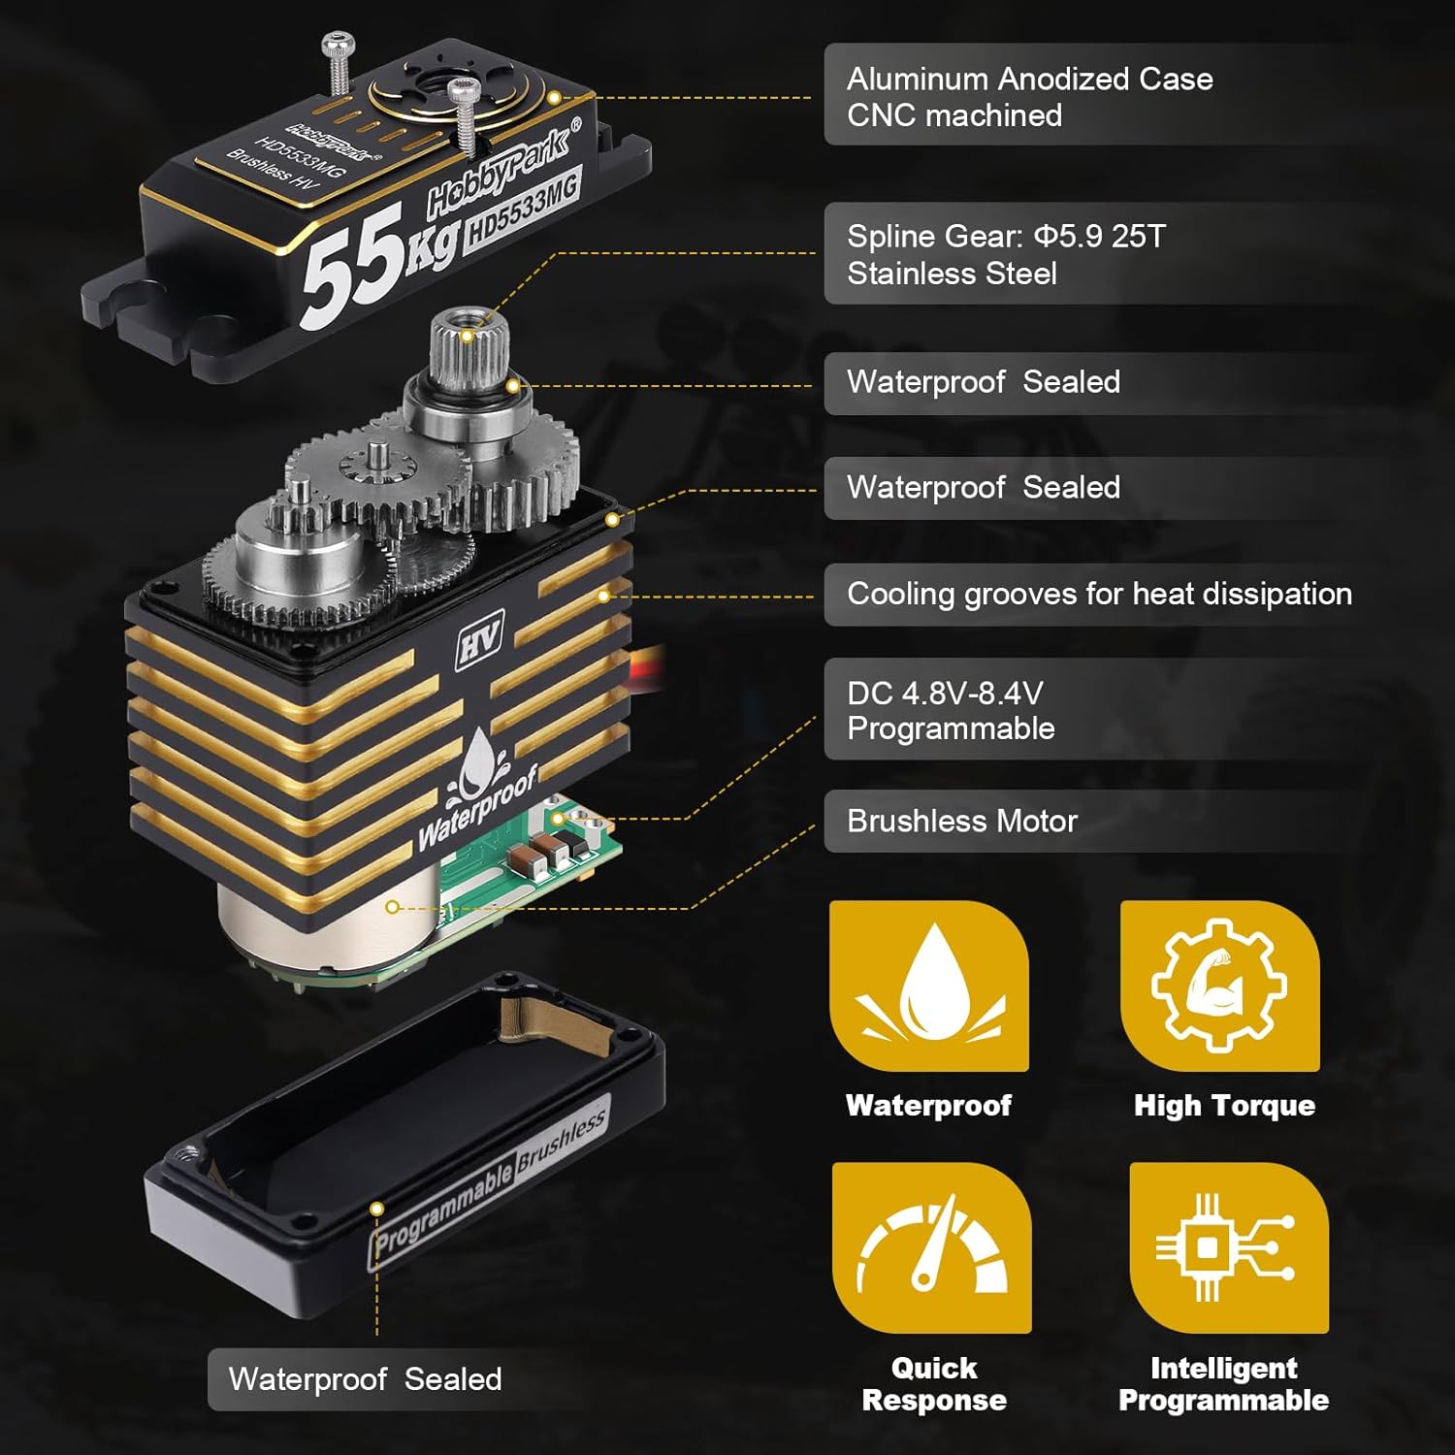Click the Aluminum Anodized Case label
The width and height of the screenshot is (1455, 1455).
pyautogui.click(x=1028, y=96)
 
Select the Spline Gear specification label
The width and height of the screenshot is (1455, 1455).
pyautogui.click(x=1005, y=254)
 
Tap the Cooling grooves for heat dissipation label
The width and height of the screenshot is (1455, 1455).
pyautogui.click(x=1098, y=594)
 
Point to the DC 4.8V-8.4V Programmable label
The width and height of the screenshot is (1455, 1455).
pyautogui.click(x=951, y=710)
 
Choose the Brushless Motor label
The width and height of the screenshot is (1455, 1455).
pyautogui.click(x=961, y=822)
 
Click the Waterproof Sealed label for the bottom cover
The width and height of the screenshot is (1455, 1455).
pyautogui.click(x=365, y=1378)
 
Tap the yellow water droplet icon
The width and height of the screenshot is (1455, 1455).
pyautogui.click(x=928, y=986)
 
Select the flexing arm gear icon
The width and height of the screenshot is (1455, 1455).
pyautogui.click(x=1219, y=986)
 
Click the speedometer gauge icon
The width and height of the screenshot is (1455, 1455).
pyautogui.click(x=931, y=1247)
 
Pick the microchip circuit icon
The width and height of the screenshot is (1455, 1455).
pyautogui.click(x=1228, y=1247)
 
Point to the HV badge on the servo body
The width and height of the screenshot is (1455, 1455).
pyautogui.click(x=479, y=643)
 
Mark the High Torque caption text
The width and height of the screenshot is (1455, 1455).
pyautogui.click(x=1224, y=1106)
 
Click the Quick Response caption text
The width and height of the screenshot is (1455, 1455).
pyautogui.click(x=933, y=1384)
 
